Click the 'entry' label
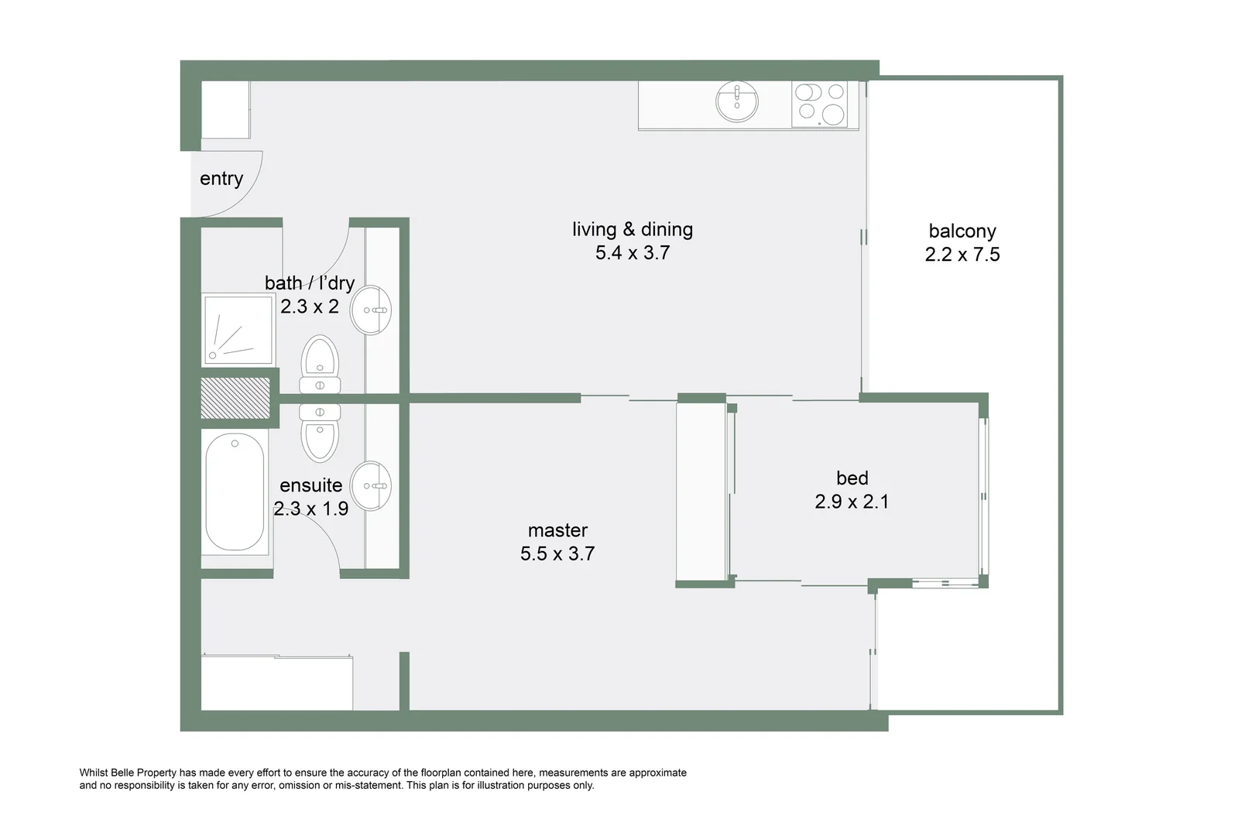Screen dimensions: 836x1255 pyautogui.click(x=221, y=179)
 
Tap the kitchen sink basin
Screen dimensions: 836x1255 pyautogui.click(x=737, y=101)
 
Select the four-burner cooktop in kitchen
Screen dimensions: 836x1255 pyautogui.click(x=820, y=104)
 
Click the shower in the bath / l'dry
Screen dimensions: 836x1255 pyautogui.click(x=238, y=329)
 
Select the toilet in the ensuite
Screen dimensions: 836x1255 pyautogui.click(x=320, y=432)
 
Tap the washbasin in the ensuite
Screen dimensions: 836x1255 pyautogui.click(x=371, y=486)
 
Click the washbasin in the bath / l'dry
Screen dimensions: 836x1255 pyautogui.click(x=371, y=310)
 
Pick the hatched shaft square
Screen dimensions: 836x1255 pyautogui.click(x=235, y=398)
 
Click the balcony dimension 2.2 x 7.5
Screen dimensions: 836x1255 pyautogui.click(x=962, y=255)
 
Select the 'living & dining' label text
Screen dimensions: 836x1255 pyautogui.click(x=633, y=229)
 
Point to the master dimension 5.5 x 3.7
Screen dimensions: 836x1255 pyautogui.click(x=557, y=553)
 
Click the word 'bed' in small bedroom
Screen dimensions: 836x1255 pyautogui.click(x=852, y=478)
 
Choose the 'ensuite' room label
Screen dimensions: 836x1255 pyautogui.click(x=310, y=485)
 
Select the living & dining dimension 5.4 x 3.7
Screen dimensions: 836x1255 pyautogui.click(x=633, y=253)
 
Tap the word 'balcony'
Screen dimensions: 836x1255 pyautogui.click(x=962, y=231)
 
